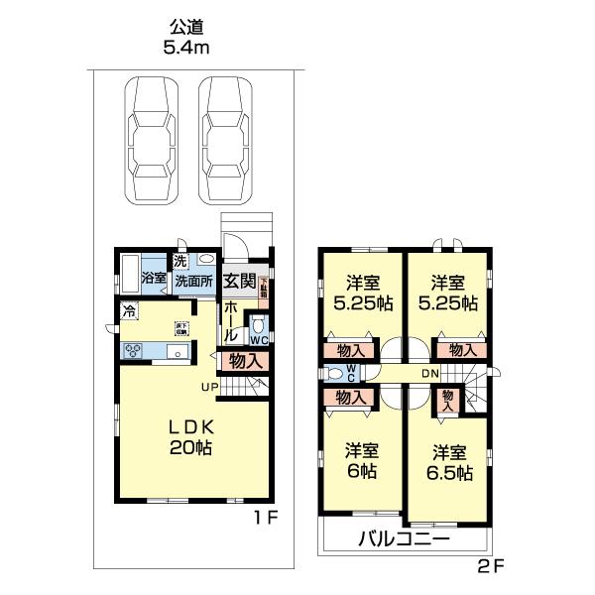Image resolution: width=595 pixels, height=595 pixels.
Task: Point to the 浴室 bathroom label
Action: (x=154, y=279)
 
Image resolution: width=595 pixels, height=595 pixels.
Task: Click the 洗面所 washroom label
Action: (x=194, y=281)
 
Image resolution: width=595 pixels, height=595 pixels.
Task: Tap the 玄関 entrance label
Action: (x=240, y=281)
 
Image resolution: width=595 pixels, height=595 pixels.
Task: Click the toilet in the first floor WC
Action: (x=258, y=324)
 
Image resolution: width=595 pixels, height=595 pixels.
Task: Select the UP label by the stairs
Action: (x=209, y=386)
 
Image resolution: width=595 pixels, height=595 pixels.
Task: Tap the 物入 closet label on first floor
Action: (x=246, y=362)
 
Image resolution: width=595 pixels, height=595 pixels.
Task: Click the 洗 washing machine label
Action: (x=180, y=261)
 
